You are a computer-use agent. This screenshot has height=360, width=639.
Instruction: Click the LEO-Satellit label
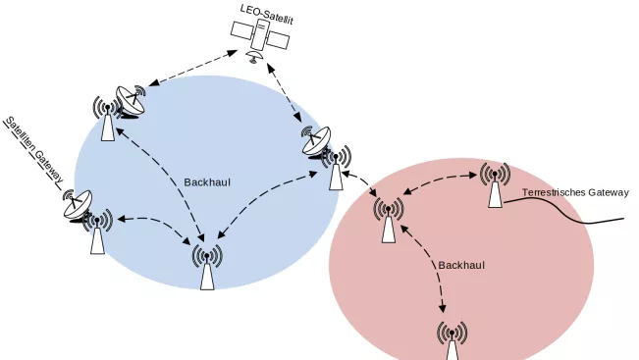click(x=267, y=15)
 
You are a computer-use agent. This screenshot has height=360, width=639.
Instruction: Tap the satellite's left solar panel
click(x=242, y=30)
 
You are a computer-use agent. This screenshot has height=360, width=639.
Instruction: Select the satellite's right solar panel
click(x=278, y=40)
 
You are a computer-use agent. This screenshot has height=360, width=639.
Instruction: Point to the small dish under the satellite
click(x=255, y=57)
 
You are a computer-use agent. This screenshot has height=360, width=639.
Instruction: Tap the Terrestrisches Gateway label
click(x=575, y=192)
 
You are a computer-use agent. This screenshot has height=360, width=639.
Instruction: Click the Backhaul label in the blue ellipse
click(x=207, y=182)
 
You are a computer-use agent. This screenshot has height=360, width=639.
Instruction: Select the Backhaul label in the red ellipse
click(x=461, y=265)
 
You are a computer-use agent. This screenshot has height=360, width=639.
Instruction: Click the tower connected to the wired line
click(x=495, y=184)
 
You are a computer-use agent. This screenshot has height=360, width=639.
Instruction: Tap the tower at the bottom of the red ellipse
click(x=452, y=341)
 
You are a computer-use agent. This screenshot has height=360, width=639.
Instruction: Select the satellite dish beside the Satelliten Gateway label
click(x=77, y=205)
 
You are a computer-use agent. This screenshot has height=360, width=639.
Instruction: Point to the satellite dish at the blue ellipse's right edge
click(x=315, y=141)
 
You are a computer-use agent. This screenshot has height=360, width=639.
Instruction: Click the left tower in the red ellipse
click(x=389, y=220)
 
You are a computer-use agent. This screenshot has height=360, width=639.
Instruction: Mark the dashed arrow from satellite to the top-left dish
click(x=193, y=68)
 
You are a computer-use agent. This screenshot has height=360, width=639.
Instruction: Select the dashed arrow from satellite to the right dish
click(x=285, y=92)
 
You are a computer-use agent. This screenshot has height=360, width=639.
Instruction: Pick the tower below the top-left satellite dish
click(x=107, y=119)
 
